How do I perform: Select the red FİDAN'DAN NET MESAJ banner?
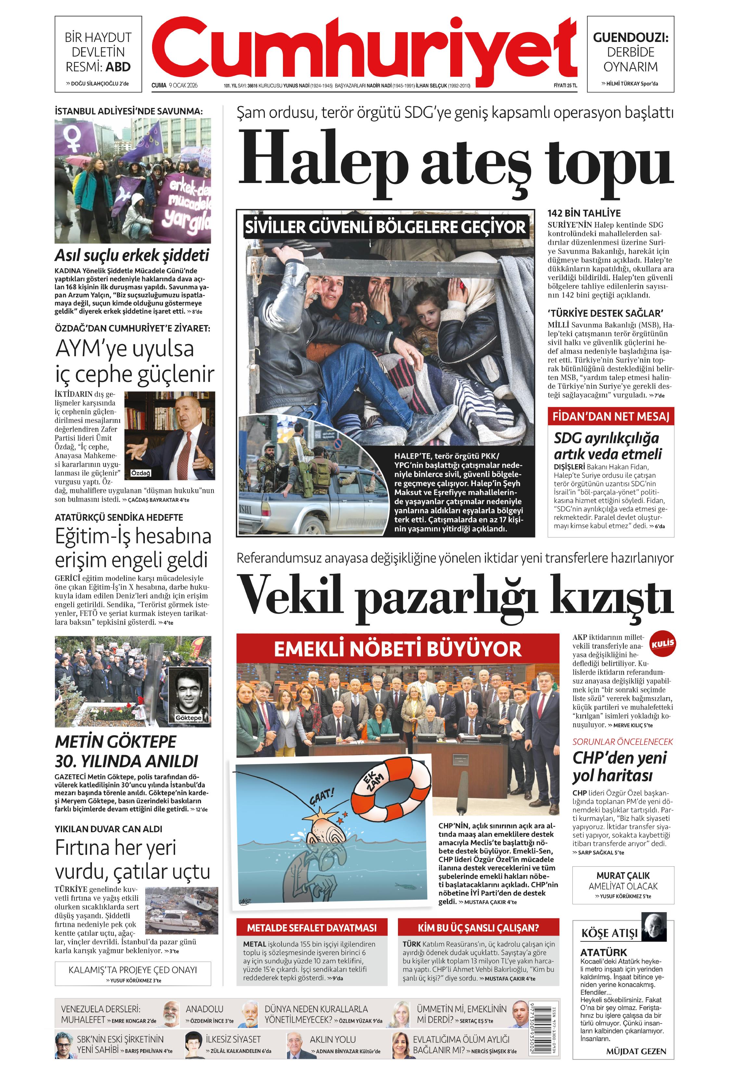click(610, 416)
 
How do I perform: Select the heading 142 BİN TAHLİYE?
click(584, 213)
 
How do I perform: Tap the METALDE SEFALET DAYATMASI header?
click(312, 927)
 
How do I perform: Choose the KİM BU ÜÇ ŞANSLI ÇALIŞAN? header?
click(478, 927)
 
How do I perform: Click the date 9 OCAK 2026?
click(183, 85)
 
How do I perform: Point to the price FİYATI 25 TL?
click(565, 85)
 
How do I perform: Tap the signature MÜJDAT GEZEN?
click(636, 1051)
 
